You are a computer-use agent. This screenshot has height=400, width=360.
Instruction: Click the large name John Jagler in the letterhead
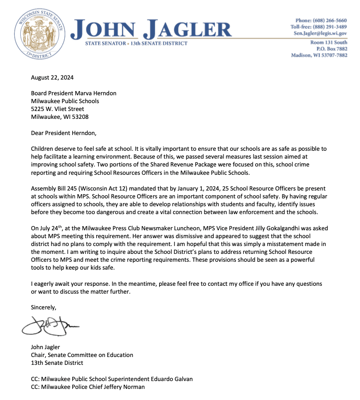[153, 29]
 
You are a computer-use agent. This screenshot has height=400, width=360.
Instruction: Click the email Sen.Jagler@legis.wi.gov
[319, 33]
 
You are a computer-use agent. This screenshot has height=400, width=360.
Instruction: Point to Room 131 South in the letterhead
[329, 43]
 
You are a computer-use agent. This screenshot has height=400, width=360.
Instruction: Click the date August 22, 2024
[52, 77]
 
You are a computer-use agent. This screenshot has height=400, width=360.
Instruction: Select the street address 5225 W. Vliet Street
[57, 109]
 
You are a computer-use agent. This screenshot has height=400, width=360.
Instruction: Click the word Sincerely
[43, 307]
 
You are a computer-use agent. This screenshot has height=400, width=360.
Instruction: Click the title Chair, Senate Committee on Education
[82, 355]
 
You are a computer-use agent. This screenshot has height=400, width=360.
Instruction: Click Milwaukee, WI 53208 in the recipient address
[60, 117]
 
